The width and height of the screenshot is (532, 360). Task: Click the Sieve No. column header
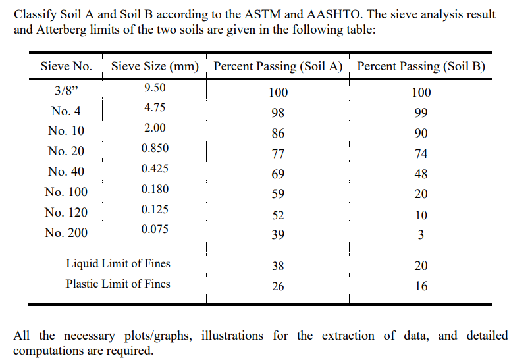[x=66, y=66]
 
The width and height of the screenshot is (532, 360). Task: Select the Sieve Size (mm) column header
[x=155, y=66]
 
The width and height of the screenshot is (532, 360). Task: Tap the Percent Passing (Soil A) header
[x=279, y=66]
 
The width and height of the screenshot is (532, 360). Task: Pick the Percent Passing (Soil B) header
[x=421, y=66]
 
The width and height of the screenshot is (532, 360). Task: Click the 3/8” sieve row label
[x=66, y=90]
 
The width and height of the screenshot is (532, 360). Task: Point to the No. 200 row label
[x=66, y=232]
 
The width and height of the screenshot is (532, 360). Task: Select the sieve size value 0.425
[x=155, y=168]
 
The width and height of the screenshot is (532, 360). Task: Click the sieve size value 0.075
[x=155, y=229]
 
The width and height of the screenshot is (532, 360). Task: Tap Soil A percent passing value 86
[x=278, y=134]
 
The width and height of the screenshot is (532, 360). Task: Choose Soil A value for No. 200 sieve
[x=278, y=235]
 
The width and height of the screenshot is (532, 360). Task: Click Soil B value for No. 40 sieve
[x=421, y=174]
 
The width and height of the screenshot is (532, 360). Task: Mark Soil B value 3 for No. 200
[x=421, y=235]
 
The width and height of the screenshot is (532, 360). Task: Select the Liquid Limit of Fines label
[x=118, y=263]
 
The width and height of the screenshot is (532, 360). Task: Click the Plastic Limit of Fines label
[x=118, y=284]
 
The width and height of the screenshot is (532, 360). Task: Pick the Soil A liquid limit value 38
[x=278, y=266]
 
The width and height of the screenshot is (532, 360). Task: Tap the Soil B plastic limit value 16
[x=421, y=286]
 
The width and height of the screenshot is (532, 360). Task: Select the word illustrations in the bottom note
[x=234, y=336]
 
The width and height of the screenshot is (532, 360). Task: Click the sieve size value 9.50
[x=155, y=88]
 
